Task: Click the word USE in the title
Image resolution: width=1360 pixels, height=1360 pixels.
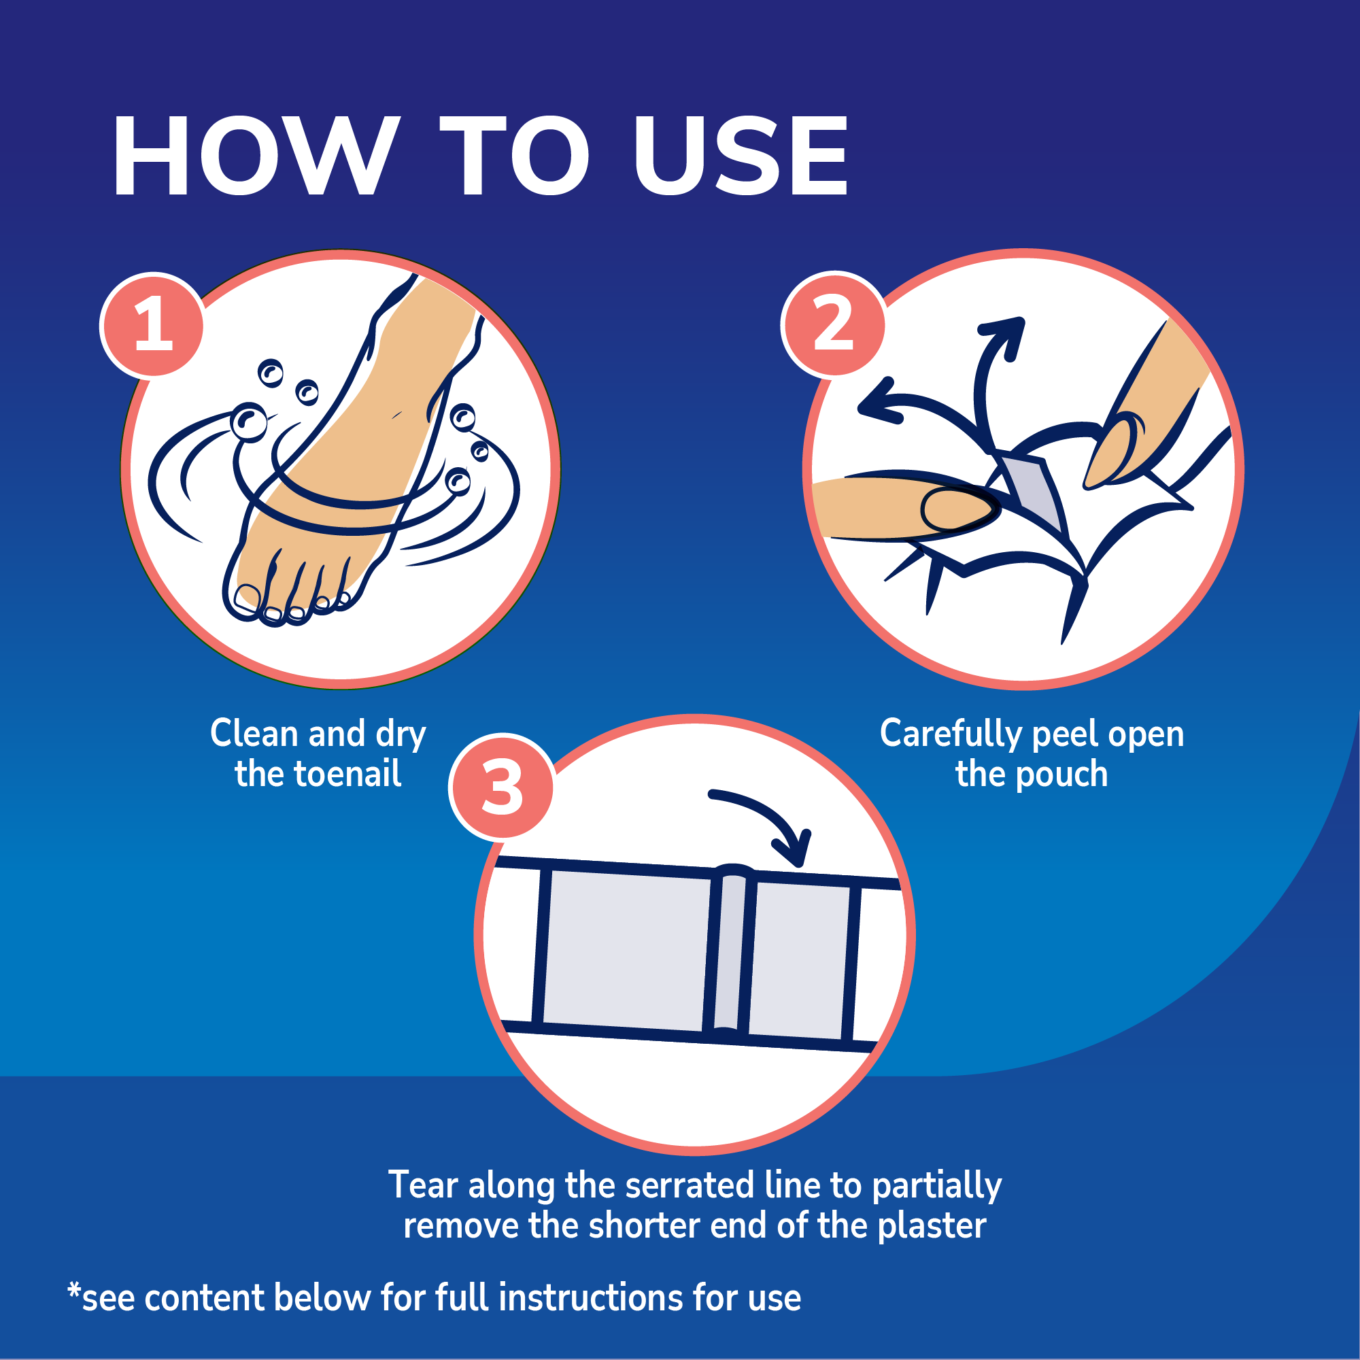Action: (741, 156)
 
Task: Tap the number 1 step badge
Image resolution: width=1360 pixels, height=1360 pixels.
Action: (153, 325)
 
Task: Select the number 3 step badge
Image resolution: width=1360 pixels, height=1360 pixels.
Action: (501, 786)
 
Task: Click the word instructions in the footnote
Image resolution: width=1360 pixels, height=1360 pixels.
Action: (592, 1298)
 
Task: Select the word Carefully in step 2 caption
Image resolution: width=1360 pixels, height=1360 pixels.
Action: (952, 735)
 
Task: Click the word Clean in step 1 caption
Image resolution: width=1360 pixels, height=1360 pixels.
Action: (254, 734)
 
